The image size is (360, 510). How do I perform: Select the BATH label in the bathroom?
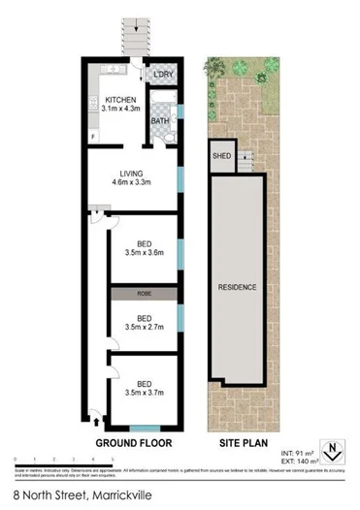coord(160,120)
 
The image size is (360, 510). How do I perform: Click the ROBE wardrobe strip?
coord(144,293)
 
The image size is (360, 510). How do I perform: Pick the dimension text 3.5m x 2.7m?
coord(144,328)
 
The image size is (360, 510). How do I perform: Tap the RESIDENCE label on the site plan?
coord(237,287)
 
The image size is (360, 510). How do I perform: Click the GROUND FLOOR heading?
coord(133,443)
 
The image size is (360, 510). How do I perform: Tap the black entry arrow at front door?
coord(96,420)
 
